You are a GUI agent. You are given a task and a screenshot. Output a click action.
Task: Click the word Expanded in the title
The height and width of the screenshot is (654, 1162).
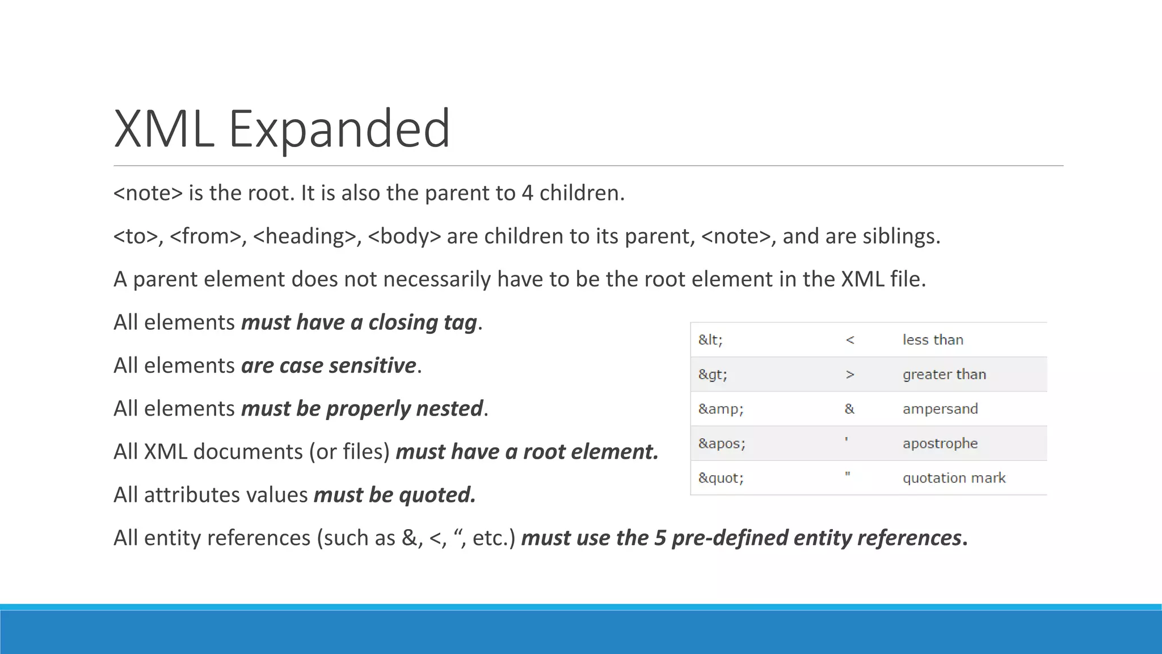(339, 129)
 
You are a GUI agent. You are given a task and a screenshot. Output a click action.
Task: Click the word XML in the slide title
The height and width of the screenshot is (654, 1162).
(164, 129)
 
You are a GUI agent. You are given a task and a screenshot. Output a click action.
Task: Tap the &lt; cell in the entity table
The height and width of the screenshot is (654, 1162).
(710, 340)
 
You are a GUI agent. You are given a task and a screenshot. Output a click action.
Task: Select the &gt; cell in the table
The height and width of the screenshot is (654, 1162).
(713, 375)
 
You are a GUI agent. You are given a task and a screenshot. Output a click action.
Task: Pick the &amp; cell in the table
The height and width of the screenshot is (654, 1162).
(721, 409)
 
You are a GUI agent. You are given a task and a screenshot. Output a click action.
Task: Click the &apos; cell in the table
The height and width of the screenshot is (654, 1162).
(722, 444)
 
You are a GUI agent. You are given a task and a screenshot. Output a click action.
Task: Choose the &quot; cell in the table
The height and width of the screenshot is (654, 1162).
(721, 478)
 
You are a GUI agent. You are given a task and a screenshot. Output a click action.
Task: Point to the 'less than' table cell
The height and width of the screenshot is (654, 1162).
(933, 340)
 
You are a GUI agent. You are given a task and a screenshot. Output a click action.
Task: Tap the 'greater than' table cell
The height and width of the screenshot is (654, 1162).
(944, 375)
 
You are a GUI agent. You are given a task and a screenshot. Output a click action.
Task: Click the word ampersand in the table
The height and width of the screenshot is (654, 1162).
(940, 409)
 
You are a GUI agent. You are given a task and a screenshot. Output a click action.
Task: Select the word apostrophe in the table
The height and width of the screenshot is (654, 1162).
(940, 444)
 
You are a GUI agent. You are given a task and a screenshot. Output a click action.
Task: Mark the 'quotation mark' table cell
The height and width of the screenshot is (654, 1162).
(954, 478)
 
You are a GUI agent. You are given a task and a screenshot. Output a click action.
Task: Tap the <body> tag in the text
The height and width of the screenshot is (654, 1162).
(404, 236)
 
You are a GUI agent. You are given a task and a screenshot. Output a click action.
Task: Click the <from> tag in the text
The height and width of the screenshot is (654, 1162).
(205, 236)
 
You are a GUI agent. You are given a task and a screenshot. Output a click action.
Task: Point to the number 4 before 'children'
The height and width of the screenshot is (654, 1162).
(527, 194)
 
